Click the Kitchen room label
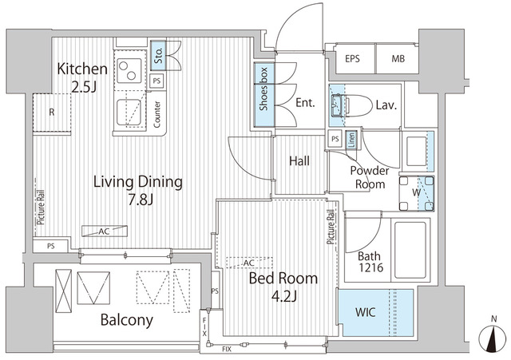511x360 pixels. point(82,69)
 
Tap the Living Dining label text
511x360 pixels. point(138,182)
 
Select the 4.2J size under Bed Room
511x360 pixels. point(284,296)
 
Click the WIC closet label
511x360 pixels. point(366,312)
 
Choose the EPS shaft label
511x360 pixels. point(352,59)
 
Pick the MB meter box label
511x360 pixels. point(398,59)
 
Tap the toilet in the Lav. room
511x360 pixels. point(353,105)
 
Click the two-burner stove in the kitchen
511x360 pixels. point(129,71)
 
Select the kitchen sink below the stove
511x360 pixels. point(129,113)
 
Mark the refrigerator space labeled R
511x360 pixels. point(52,113)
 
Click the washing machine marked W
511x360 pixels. point(417,193)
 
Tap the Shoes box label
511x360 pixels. point(263,89)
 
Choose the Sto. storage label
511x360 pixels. point(158,56)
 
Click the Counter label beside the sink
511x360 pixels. point(156,114)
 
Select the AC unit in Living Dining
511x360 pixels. point(105,231)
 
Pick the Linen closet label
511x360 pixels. point(351,140)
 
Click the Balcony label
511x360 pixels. point(126,320)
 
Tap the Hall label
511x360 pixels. point(299,160)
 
